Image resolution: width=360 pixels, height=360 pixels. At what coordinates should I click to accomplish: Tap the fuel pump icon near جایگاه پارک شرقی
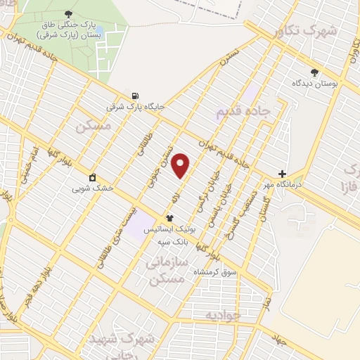point(135,96)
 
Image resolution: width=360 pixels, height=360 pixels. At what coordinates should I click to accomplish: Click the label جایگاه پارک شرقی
point(135,107)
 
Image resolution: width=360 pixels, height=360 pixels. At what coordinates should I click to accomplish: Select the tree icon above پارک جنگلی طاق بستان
point(68,13)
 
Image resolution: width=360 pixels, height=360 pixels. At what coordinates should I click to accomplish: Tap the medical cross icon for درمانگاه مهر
point(282,174)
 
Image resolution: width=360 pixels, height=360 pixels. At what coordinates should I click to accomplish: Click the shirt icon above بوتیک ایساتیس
point(169,219)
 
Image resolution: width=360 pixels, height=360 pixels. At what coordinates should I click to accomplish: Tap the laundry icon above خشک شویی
point(92,177)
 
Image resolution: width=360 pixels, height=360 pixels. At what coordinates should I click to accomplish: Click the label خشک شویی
point(93,188)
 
